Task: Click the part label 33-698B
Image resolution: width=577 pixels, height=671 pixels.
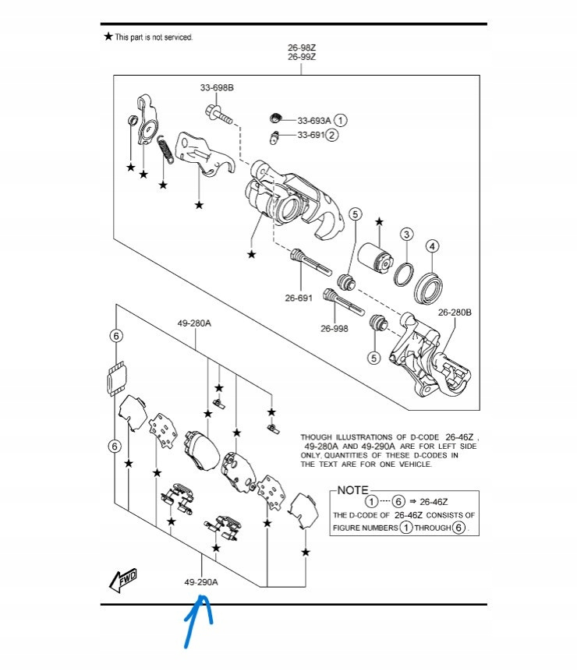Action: point(217,87)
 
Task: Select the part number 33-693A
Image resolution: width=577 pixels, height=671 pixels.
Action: point(314,121)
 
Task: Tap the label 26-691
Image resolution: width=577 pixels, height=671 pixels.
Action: point(299,297)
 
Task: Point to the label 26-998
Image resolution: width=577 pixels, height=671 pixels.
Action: point(334,328)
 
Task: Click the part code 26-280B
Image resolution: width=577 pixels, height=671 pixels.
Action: point(455,313)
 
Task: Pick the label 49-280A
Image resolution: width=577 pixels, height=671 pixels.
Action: point(194,322)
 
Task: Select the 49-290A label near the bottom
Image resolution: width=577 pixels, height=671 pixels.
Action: point(201,582)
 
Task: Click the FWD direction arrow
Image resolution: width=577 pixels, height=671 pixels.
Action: point(123,579)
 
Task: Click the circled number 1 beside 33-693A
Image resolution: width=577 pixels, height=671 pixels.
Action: point(342,121)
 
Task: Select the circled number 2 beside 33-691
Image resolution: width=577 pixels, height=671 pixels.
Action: point(333,135)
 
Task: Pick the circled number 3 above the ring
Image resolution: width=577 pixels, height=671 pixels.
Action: point(407,235)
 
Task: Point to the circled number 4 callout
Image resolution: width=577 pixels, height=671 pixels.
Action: point(432,246)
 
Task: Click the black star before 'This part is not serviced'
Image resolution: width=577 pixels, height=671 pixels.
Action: point(108,37)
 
